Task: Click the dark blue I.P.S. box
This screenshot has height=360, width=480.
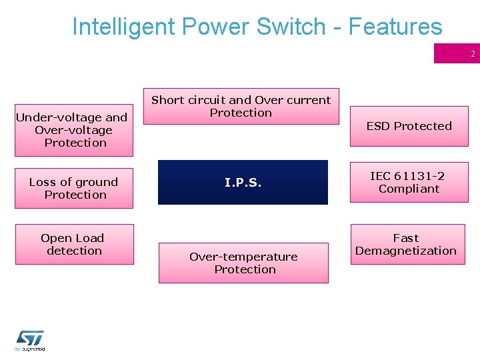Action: click(x=243, y=182)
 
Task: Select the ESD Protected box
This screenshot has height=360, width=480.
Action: click(x=409, y=126)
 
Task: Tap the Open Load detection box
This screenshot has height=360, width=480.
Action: click(x=74, y=244)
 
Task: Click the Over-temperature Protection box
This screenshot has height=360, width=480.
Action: click(x=243, y=263)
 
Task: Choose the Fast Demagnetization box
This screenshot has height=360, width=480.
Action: click(x=407, y=244)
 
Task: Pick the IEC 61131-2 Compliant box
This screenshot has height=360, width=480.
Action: click(x=409, y=182)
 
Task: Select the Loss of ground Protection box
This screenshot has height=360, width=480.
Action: click(x=74, y=188)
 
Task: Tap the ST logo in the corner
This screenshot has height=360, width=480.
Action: click(x=30, y=341)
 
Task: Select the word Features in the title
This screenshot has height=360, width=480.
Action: click(x=395, y=27)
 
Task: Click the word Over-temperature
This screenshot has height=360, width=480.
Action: click(x=243, y=257)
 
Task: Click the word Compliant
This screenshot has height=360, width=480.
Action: click(x=409, y=189)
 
